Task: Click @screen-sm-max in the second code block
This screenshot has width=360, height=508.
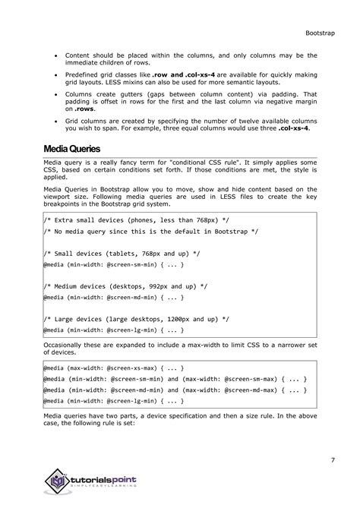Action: (x=252, y=377)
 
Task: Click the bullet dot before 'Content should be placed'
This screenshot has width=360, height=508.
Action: (x=54, y=56)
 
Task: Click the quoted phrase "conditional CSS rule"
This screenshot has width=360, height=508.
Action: (x=215, y=165)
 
